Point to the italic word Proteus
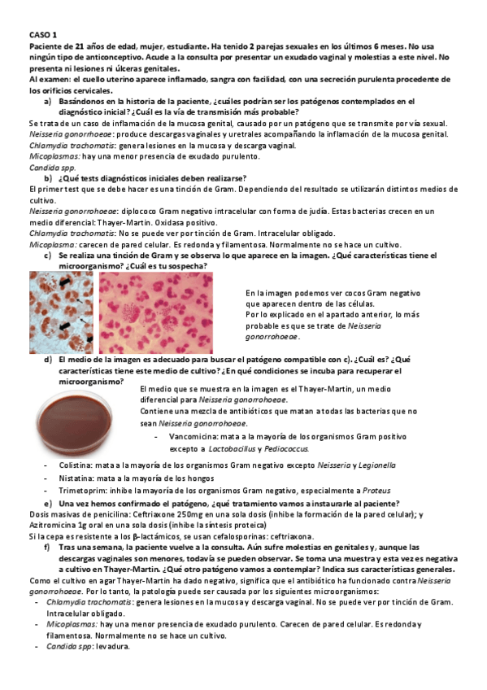click(376, 491)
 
